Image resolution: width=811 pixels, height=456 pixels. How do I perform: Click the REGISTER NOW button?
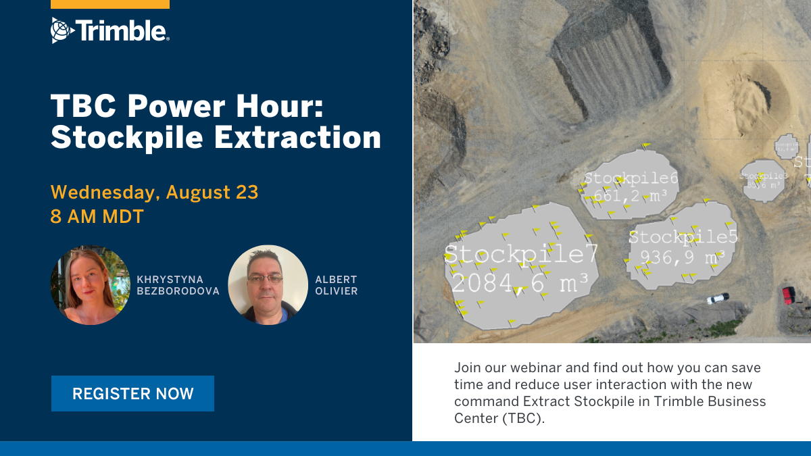tap(132, 394)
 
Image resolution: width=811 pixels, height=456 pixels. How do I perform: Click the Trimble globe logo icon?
tap(61, 30)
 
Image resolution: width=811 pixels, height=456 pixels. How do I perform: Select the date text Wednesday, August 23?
tap(154, 193)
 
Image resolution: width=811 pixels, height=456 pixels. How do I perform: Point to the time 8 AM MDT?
tap(97, 217)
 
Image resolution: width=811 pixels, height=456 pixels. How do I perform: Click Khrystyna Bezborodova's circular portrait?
tap(91, 285)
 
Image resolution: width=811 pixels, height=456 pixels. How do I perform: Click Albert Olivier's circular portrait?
tap(268, 285)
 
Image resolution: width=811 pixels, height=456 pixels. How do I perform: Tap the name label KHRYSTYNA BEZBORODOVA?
tap(177, 285)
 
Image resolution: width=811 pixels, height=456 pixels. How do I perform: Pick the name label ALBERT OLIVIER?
tap(336, 285)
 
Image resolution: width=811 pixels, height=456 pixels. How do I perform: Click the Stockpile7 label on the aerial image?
tap(522, 254)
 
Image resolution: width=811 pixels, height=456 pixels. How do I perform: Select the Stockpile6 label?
tap(631, 178)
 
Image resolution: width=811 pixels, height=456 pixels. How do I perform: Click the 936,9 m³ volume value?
tap(677, 257)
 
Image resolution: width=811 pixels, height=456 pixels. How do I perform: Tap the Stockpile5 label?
tap(683, 237)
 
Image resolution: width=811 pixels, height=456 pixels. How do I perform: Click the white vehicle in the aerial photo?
tap(718, 298)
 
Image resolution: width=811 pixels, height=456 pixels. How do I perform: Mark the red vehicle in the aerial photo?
tap(788, 295)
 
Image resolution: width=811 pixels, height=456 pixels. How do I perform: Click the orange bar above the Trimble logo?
tap(110, 4)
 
